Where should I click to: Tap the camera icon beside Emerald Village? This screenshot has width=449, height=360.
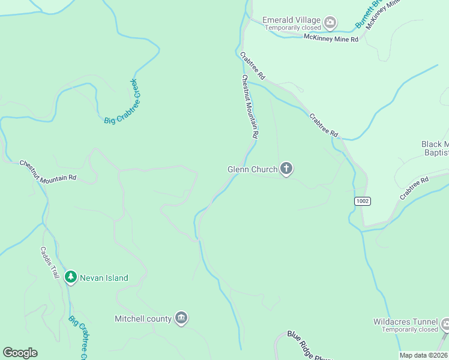330,23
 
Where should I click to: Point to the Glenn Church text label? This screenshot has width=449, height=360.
252,170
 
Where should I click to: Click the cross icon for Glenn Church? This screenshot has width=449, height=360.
286,169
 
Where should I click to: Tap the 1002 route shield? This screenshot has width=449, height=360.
361,201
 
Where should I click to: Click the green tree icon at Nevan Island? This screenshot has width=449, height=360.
71,277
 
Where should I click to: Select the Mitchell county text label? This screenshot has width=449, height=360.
143,319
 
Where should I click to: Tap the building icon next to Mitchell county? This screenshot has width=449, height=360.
181,318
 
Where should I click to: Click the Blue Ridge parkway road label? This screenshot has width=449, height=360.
309,347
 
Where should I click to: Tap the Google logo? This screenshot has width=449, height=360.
20,353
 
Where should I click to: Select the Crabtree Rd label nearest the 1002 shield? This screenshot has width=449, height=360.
415,188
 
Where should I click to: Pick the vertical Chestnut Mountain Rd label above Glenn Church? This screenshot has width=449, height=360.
250,107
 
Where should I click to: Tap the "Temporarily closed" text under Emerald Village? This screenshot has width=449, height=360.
292,28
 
